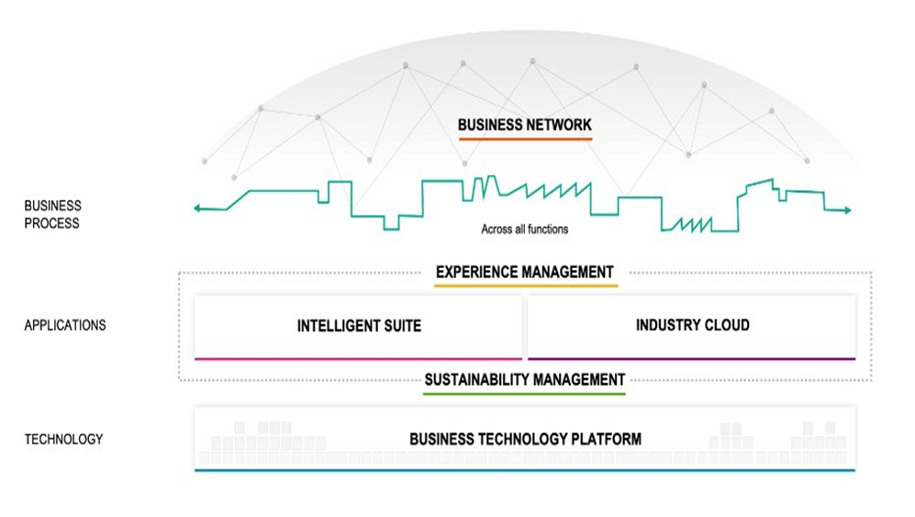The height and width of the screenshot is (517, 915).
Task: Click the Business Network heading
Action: point(525,125)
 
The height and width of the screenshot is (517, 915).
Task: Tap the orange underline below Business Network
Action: point(525,139)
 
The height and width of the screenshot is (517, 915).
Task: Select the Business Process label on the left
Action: point(52,214)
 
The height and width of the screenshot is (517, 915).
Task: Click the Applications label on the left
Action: point(65,325)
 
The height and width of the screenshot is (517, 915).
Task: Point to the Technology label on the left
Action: point(63,439)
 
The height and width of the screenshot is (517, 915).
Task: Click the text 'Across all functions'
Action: point(525,230)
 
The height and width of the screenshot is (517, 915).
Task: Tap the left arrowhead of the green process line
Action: point(197,208)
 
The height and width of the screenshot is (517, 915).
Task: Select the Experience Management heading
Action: point(524,272)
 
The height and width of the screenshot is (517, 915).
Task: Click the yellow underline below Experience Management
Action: point(526,287)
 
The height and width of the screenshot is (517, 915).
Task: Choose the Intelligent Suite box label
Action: point(360,326)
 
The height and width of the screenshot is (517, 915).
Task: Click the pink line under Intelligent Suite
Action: point(358,358)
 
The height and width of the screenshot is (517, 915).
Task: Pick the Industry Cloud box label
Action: point(693,325)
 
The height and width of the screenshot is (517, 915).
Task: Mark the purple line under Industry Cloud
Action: point(691,358)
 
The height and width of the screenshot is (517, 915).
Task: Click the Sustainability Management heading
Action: point(525,379)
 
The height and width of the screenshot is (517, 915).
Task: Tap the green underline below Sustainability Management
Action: point(524,394)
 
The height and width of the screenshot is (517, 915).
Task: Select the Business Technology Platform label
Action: point(525,439)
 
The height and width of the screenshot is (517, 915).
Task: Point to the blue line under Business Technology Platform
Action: point(525,470)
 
